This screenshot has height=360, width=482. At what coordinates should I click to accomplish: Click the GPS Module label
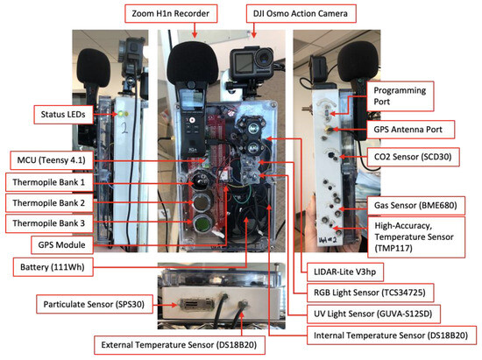[x=71, y=244]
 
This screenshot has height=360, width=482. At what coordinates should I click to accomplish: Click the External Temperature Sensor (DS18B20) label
[x=165, y=342]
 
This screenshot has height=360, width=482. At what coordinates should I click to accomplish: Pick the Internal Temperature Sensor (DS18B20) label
[x=389, y=334]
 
